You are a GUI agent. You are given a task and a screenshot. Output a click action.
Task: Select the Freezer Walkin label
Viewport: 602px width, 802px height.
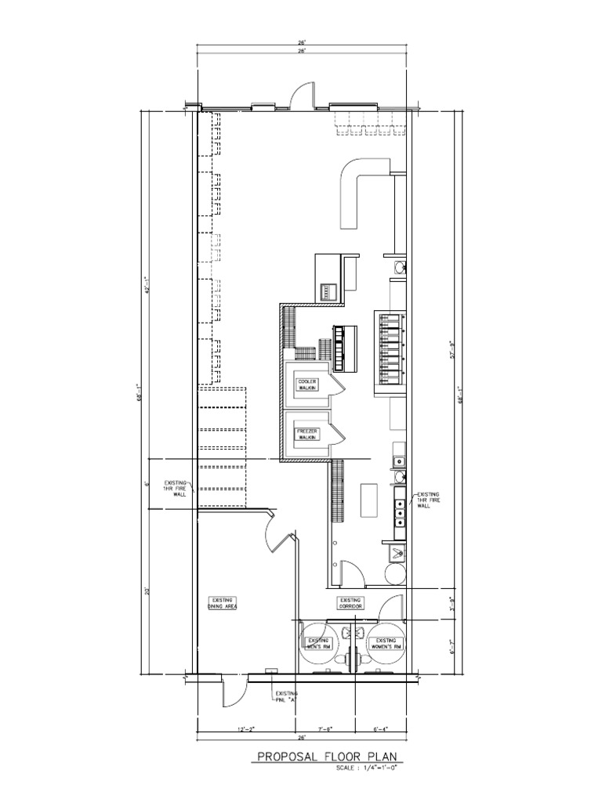click(x=307, y=434)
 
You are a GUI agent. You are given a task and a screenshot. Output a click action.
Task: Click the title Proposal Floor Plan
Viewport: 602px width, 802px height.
click(x=327, y=757)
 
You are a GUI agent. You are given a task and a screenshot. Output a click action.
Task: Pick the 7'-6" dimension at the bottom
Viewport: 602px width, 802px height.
click(x=325, y=729)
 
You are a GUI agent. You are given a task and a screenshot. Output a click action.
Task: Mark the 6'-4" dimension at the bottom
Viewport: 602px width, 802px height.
click(x=382, y=729)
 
